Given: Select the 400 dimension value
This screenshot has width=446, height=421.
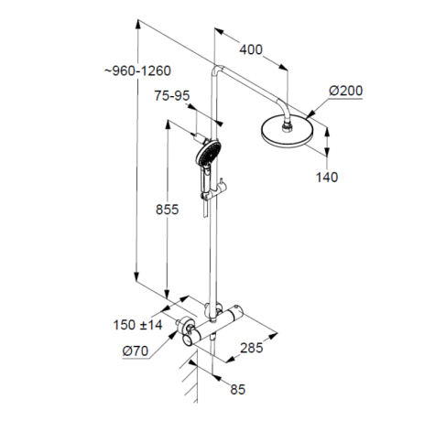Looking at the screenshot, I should pos(252,49).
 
